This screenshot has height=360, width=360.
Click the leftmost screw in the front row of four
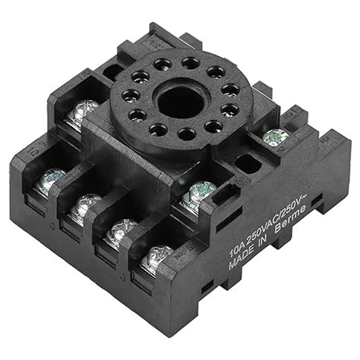tap(50, 178)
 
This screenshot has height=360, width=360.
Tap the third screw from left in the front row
tap(120, 230)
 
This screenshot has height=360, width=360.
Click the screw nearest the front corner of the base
tap(158, 257)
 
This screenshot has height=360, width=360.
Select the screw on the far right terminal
tap(275, 137)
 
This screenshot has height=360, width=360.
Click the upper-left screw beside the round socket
tap(82, 112)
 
